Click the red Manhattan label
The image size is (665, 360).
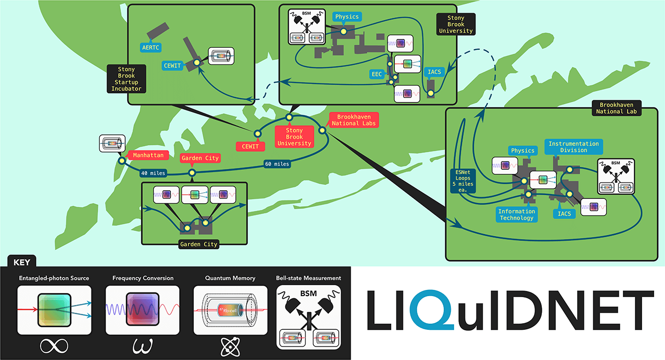point(148,155)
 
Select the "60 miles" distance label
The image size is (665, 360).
point(276,164)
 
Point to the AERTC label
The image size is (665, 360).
point(151,47)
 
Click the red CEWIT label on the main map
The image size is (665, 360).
point(247,146)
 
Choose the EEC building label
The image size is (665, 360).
point(377,74)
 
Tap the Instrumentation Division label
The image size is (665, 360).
point(574,147)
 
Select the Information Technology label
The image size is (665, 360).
point(516,215)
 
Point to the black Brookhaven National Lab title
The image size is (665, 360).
point(616,108)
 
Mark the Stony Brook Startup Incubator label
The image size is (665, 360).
point(126,79)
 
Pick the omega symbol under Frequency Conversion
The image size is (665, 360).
point(142,345)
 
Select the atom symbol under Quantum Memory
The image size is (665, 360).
point(230,345)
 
